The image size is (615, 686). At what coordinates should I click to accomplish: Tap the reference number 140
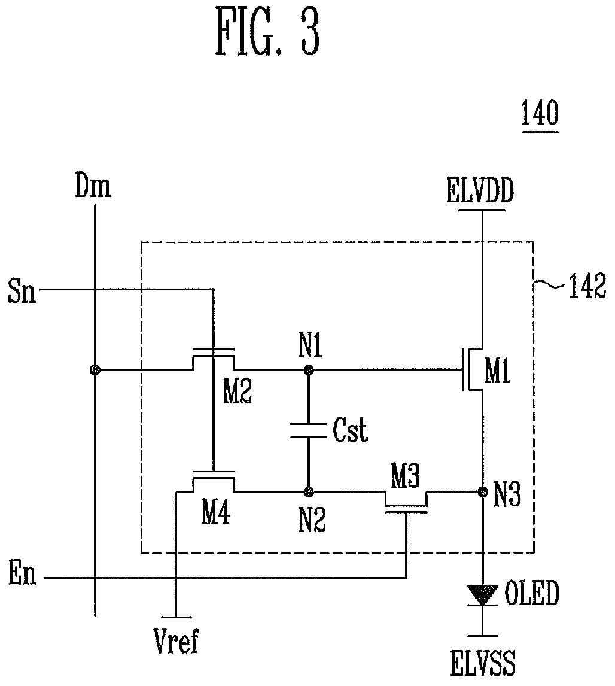[x=540, y=113]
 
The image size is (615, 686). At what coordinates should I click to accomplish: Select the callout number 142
[x=587, y=286]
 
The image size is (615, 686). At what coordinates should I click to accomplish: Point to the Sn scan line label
[x=22, y=292]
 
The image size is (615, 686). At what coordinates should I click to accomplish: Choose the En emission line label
[x=22, y=574]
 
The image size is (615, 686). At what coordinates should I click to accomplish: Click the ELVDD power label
[x=480, y=191]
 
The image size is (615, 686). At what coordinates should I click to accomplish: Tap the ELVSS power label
[x=483, y=663]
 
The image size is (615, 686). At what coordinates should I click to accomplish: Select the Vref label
[x=176, y=641]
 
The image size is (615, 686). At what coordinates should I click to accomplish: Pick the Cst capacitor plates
[x=309, y=430]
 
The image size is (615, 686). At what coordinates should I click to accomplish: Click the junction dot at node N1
[x=309, y=370]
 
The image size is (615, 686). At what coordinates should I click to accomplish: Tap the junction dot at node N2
[x=309, y=492]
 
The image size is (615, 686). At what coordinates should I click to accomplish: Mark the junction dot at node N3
[x=483, y=492]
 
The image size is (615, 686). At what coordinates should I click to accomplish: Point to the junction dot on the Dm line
[x=95, y=370]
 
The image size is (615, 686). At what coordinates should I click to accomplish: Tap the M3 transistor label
[x=405, y=476]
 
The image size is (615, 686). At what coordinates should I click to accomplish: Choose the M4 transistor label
[x=216, y=513]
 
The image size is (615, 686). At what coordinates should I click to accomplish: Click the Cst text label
[x=350, y=430]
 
